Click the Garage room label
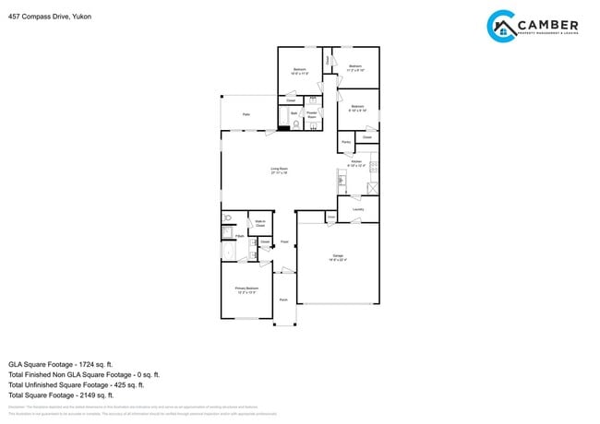pyautogui.click(x=338, y=259)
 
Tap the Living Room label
pyautogui.click(x=279, y=171)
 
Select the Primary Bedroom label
pyautogui.click(x=246, y=290)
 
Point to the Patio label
pyautogui.click(x=246, y=114)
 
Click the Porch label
pyautogui.click(x=283, y=300)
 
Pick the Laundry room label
pyautogui.click(x=358, y=209)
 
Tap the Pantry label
pyautogui.click(x=345, y=142)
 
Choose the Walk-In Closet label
pyautogui.click(x=260, y=223)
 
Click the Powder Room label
pyautogui.click(x=312, y=115)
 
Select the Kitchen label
pyautogui.click(x=356, y=164)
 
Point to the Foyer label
pyautogui.click(x=285, y=241)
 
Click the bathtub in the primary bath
pyautogui.click(x=228, y=251)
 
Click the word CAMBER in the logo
pyautogui.click(x=548, y=25)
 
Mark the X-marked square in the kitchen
pyautogui.click(x=372, y=188)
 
